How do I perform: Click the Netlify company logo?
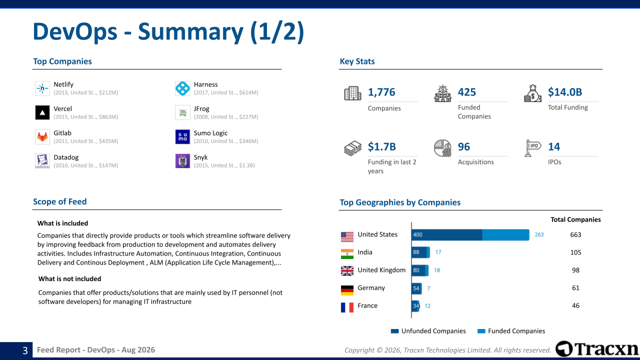[x=42, y=88]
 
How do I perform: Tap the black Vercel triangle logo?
[x=42, y=112]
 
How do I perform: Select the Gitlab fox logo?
[x=42, y=137]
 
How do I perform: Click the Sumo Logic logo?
[x=182, y=137]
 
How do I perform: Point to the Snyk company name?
[x=200, y=157]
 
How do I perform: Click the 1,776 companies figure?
[x=381, y=92]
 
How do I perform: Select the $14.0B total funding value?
[x=565, y=92]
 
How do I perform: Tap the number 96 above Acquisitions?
[x=463, y=146]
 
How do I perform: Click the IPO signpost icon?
[x=532, y=148]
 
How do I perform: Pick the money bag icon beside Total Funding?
[x=532, y=93]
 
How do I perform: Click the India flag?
[x=347, y=253]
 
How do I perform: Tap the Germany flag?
[x=347, y=290]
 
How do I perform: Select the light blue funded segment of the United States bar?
[x=505, y=234]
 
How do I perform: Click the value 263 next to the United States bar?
[x=539, y=234]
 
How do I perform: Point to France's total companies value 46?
[x=575, y=305]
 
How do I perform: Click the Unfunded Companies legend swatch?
[x=394, y=331]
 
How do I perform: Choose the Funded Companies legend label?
[x=516, y=331]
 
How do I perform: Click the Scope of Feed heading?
[x=59, y=201]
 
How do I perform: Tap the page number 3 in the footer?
[x=25, y=350]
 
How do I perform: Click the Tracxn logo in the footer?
[x=597, y=349]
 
